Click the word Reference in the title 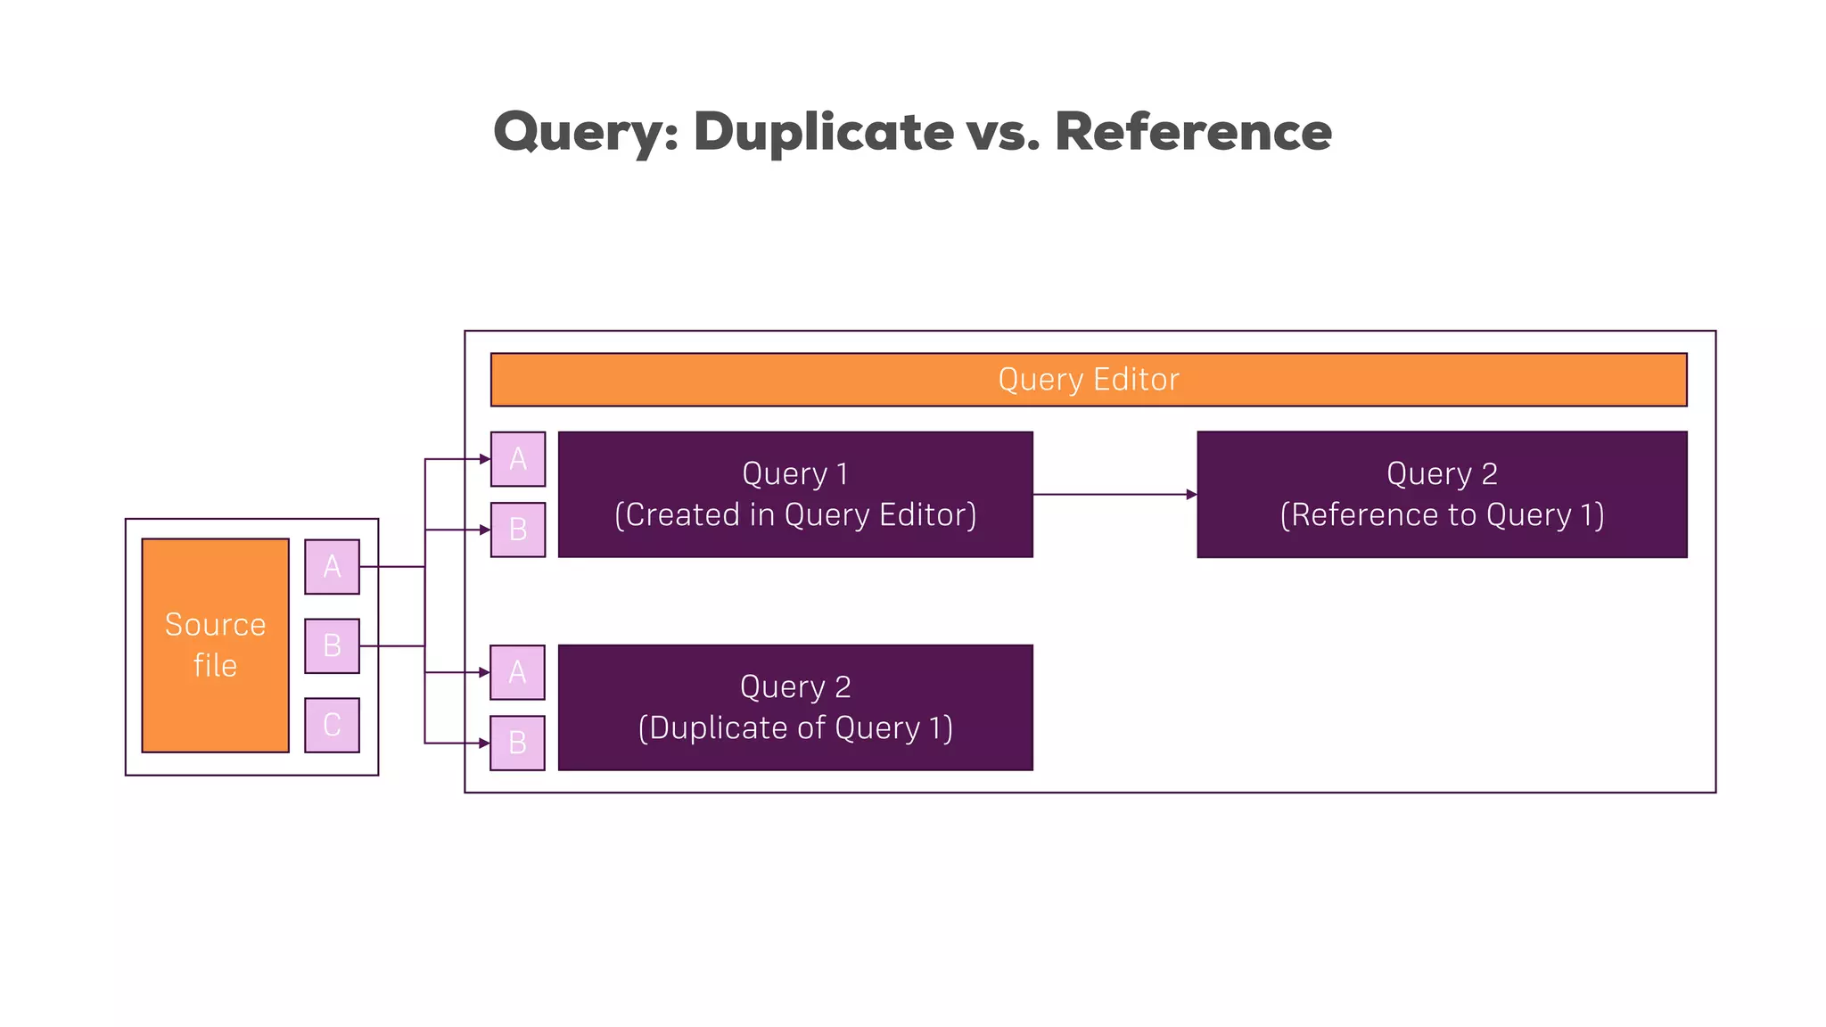[1193, 132]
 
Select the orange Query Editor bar [1088, 380]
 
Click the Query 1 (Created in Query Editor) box [795, 495]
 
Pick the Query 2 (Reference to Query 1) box [1442, 495]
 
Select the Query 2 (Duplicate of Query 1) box [795, 708]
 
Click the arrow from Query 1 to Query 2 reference [1115, 494]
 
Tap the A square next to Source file [332, 566]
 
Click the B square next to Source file [332, 645]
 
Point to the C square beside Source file [332, 725]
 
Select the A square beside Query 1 [518, 459]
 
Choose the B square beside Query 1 [518, 530]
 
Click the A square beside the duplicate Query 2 [518, 672]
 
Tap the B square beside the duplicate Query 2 [518, 743]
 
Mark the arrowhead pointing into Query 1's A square [485, 459]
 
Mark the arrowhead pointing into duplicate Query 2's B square [485, 743]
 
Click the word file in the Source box [215, 665]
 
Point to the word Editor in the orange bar [1136, 380]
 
